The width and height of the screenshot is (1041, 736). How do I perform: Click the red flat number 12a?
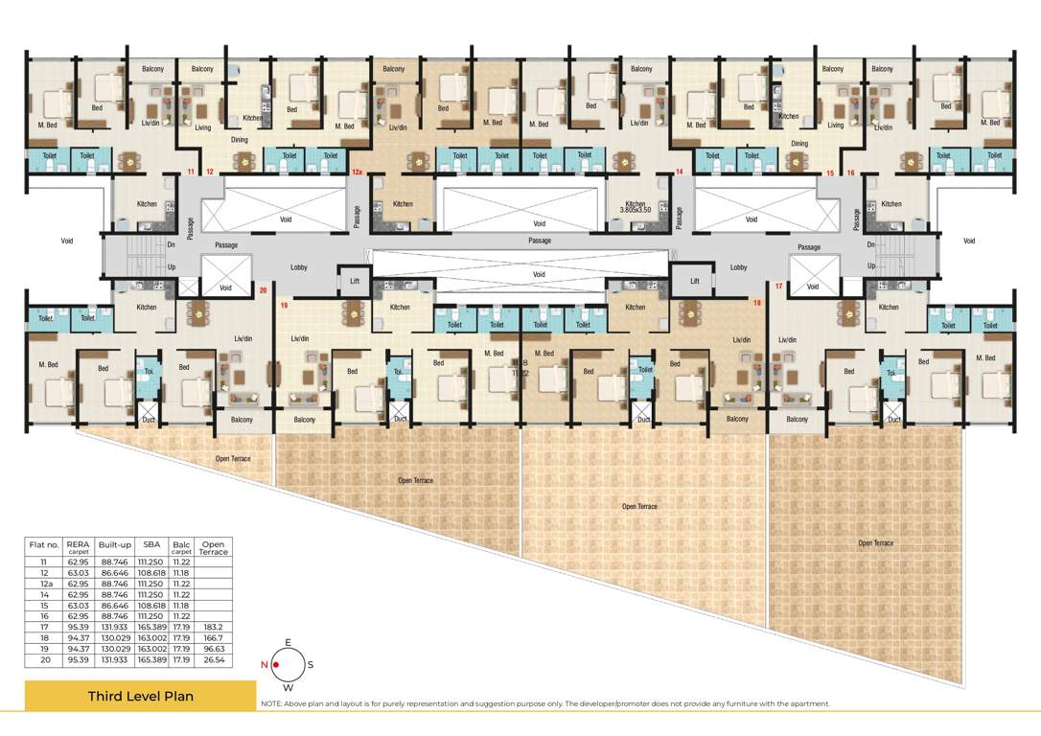(357, 172)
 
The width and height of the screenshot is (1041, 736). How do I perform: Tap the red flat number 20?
(263, 289)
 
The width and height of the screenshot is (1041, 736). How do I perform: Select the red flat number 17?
(779, 287)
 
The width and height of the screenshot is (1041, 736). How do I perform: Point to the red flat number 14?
(679, 172)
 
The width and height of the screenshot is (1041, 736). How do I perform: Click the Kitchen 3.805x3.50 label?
(636, 206)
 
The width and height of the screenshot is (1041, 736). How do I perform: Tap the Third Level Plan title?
(140, 696)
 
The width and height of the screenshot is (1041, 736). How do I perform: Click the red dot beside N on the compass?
(276, 664)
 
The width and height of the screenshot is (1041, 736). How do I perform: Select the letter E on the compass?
(288, 644)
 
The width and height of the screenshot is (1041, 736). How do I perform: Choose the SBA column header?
(151, 545)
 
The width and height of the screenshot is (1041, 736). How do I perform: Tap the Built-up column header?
(113, 545)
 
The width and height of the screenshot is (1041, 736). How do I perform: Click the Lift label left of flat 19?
(355, 281)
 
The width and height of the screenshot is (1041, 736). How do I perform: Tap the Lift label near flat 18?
(695, 281)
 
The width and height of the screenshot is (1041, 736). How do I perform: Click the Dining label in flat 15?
(799, 144)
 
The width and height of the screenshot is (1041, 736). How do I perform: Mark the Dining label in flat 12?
(240, 140)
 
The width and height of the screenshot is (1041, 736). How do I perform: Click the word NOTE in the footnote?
(271, 704)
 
